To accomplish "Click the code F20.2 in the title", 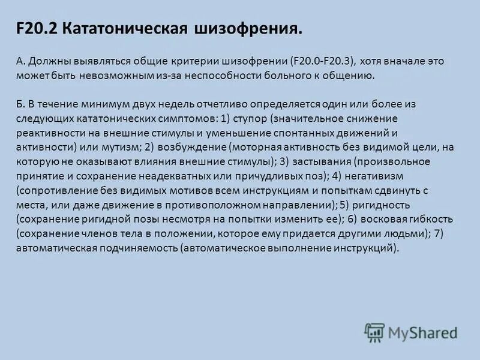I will [x=37, y=28].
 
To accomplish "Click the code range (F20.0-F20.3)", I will [x=322, y=61].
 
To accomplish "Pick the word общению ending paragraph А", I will [x=350, y=76].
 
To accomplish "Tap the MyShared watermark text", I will [x=423, y=332].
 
